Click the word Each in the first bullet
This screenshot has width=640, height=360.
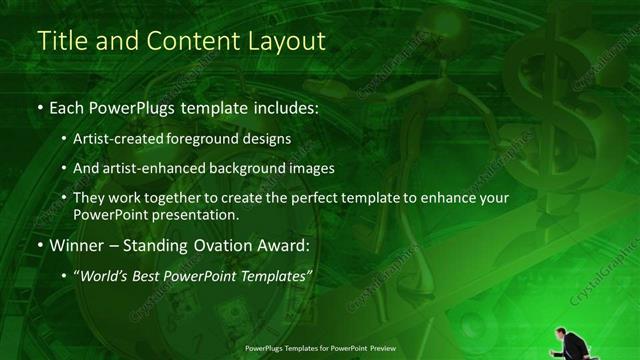[67, 105]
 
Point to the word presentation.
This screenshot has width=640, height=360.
[207, 215]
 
